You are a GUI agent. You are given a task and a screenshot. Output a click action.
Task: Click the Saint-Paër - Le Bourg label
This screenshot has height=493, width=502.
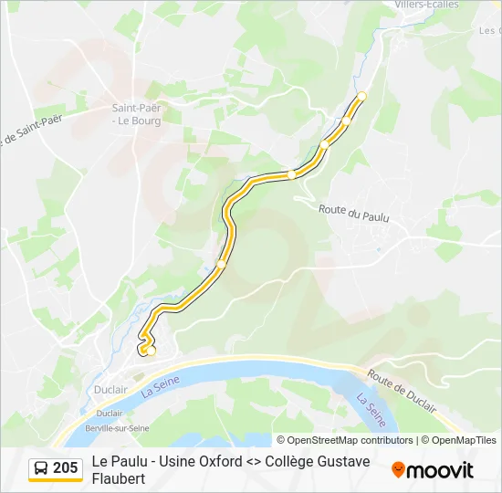click(x=136, y=114)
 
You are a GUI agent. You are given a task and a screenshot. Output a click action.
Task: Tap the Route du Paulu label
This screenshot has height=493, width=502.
click(x=354, y=212)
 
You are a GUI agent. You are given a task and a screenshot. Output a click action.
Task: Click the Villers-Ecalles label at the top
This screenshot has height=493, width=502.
click(x=426, y=5)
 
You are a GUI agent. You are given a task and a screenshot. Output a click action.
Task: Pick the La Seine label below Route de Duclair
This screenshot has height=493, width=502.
click(x=371, y=410)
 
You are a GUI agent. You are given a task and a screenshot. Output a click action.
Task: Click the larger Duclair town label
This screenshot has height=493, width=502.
click(x=110, y=389)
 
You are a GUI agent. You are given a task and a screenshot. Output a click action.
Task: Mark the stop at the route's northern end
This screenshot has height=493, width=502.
click(x=361, y=96)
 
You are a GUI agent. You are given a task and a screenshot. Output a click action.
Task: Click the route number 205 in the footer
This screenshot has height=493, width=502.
click(x=65, y=468)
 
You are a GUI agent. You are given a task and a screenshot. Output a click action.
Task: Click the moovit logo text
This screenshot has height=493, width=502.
click(x=440, y=470)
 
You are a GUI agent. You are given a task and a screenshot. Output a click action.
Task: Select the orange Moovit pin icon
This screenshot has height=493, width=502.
click(x=398, y=470)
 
